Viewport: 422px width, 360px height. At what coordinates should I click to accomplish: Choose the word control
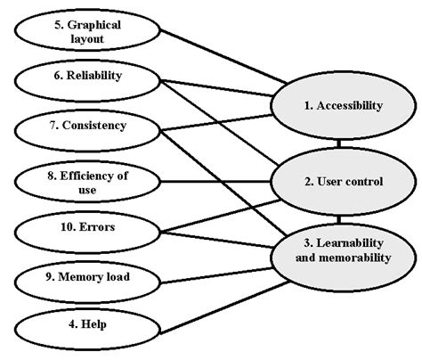pyautogui.click(x=361, y=182)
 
